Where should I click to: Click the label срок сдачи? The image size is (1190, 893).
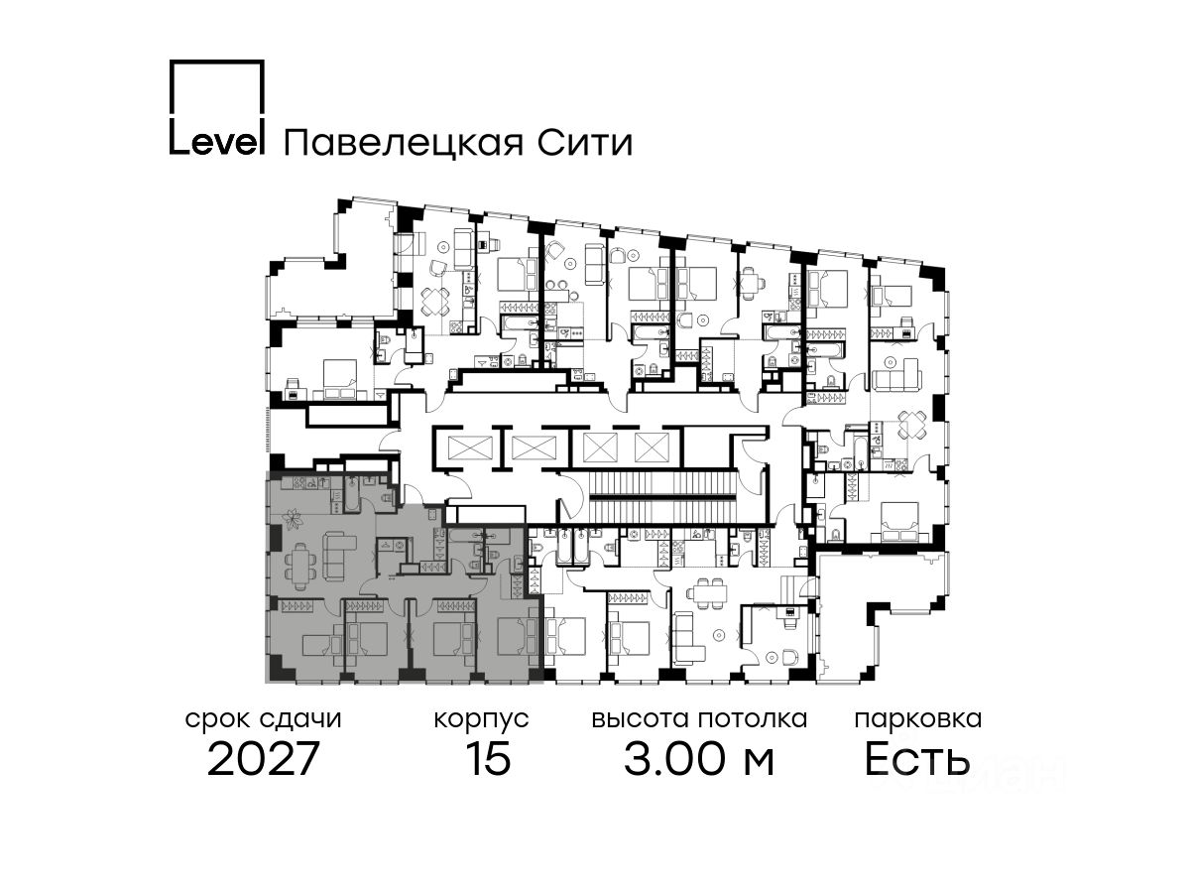point(264,719)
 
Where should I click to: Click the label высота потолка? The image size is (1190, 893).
point(699,719)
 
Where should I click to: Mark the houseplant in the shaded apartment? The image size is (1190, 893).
point(294,517)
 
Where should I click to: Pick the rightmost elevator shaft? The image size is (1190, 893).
point(652,447)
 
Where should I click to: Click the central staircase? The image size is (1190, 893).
point(661,491)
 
